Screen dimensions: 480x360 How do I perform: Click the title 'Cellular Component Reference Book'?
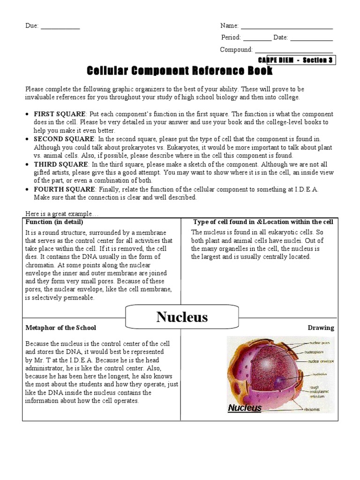pos(180,71)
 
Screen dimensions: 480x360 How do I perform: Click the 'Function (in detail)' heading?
pos(54,222)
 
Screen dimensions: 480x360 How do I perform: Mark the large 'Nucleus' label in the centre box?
pos(182,317)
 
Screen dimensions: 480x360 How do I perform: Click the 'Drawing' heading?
pos(321,328)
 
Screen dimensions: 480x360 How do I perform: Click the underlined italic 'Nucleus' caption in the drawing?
pos(245,408)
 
